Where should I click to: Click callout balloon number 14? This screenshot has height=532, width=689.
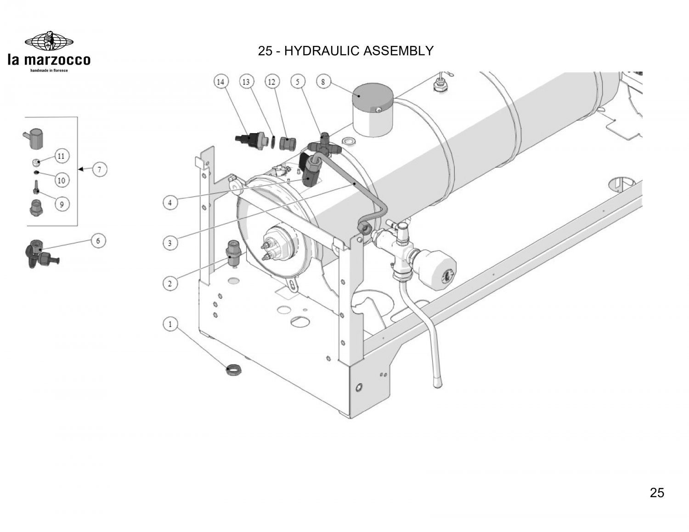tap(220, 82)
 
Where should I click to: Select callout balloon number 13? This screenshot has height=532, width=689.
tap(246, 82)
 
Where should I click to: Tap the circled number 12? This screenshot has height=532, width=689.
tap(272, 82)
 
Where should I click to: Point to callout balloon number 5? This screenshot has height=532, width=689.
tap(297, 82)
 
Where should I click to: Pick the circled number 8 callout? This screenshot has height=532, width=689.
tap(323, 82)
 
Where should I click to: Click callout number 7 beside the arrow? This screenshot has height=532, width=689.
tap(100, 169)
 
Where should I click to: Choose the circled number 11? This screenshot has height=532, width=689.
tap(62, 156)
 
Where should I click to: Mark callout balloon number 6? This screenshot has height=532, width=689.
tap(98, 241)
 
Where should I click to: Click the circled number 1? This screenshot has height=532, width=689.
tap(170, 324)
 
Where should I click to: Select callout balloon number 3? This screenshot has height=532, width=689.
tap(170, 243)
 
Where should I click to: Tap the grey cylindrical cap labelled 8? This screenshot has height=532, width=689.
tap(373, 110)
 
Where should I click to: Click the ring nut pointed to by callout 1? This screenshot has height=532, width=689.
tap(234, 370)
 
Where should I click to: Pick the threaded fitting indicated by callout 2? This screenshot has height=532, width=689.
tap(234, 253)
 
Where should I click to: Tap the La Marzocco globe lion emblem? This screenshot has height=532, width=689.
tap(49, 41)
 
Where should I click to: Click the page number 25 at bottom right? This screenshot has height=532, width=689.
tap(657, 493)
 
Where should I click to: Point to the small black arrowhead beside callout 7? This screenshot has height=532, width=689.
tap(81, 169)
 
